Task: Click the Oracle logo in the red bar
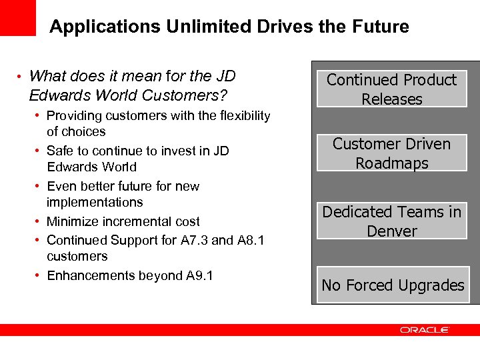pos(425,330)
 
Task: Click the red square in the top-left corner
pos(18,17)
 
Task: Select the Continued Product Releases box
pos(391,89)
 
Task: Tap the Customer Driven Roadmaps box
pos(391,153)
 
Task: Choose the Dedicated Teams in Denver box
pos(391,221)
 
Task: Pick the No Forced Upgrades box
pos(392,285)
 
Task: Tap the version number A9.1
pos(197,275)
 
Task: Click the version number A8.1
pos(251,240)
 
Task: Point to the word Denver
pos(391,231)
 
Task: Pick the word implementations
pos(95,202)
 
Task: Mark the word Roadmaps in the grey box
pos(391,163)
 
